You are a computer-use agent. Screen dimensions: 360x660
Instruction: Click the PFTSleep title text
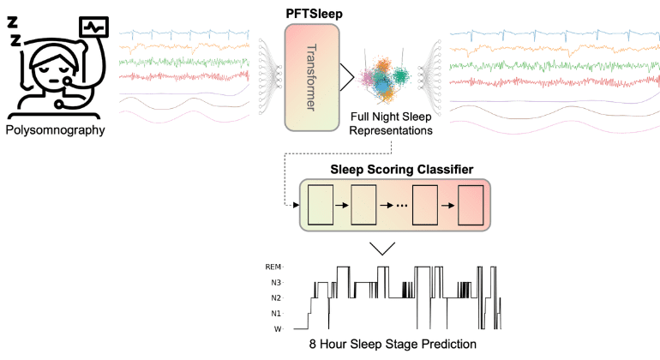click(313, 14)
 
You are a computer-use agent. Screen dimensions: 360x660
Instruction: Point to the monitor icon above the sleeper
click(93, 27)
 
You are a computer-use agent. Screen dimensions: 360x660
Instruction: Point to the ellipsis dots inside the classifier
click(397, 207)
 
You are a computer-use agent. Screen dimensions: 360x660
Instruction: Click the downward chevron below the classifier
click(381, 249)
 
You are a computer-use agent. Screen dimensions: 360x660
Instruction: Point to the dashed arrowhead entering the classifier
click(295, 206)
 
